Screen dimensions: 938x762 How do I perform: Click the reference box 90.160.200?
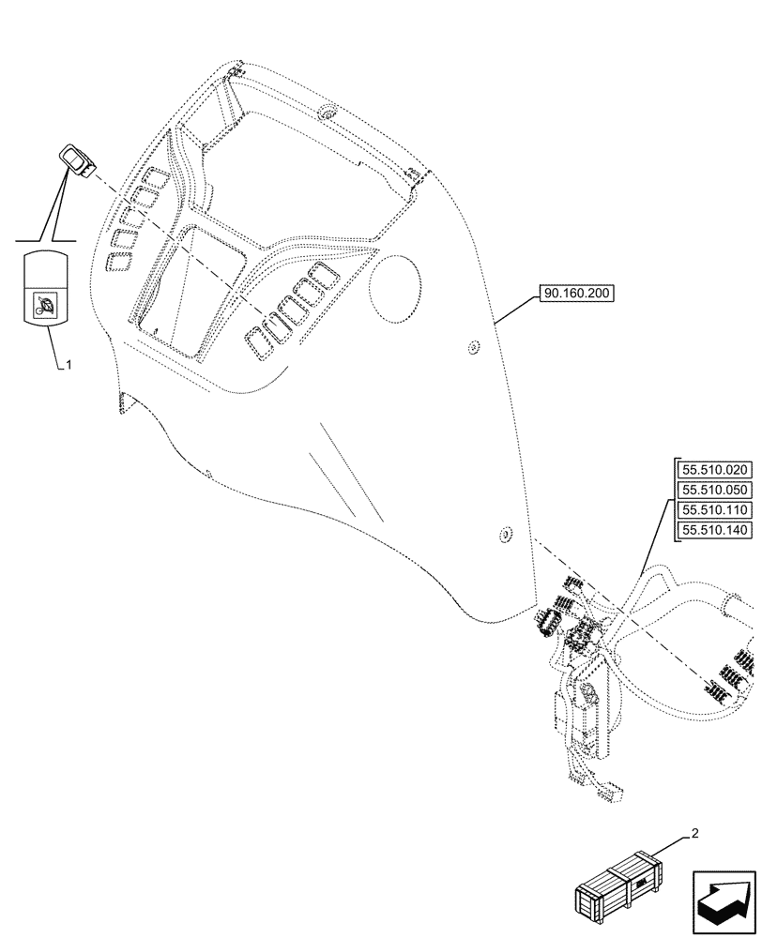tap(576, 295)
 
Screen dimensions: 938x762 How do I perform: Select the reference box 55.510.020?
tap(714, 470)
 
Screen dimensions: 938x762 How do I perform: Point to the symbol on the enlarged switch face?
tap(44, 306)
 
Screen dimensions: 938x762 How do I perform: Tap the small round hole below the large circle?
tap(472, 350)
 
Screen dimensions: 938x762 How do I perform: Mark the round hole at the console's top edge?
tap(328, 113)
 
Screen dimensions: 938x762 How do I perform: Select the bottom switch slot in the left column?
tap(119, 263)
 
